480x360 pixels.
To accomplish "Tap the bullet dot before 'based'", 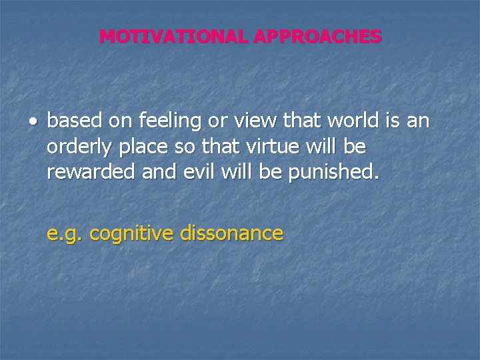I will tap(33, 123).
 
